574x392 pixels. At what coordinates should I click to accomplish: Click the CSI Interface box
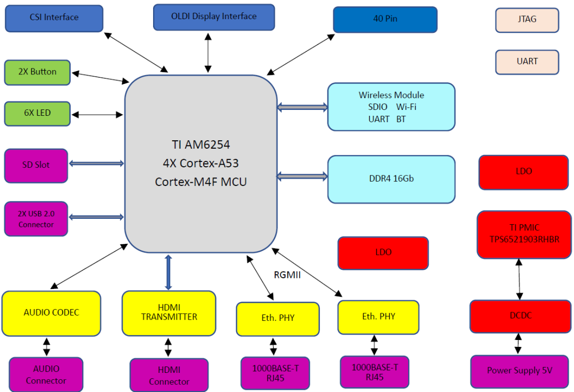[x=54, y=18]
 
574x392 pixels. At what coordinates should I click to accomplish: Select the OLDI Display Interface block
[x=214, y=17]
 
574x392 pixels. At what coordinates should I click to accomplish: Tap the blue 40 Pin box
[x=385, y=20]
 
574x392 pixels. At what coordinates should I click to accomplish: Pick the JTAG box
[x=527, y=20]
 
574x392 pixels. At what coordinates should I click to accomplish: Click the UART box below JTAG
[x=527, y=62]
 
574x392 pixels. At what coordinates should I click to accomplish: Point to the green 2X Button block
[x=37, y=72]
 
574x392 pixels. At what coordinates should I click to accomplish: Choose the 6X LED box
[x=37, y=114]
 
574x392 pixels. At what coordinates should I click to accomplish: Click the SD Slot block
[x=36, y=165]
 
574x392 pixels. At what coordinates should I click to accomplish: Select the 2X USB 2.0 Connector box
[x=36, y=219]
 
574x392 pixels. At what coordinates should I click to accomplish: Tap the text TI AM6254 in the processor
[x=200, y=144]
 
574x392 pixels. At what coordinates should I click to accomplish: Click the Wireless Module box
[x=391, y=106]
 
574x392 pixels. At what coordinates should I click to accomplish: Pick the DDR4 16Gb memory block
[x=391, y=179]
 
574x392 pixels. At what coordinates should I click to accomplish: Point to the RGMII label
[x=287, y=275]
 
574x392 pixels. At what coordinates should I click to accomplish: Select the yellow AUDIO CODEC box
[x=51, y=313]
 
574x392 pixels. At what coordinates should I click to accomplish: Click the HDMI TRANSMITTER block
[x=169, y=313]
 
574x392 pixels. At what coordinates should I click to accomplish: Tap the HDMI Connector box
[x=169, y=375]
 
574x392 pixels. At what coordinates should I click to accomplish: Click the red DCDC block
[x=519, y=316]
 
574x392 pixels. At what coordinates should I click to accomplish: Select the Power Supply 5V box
[x=519, y=371]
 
